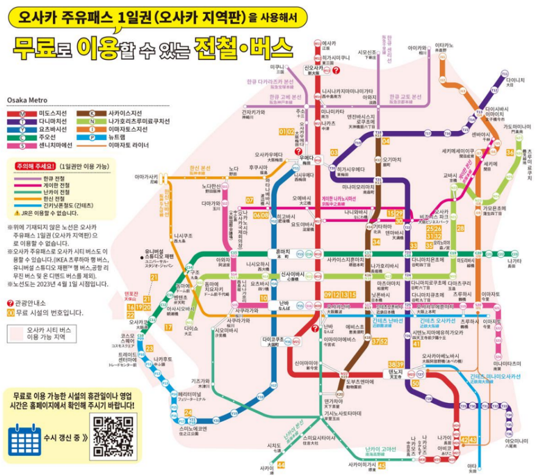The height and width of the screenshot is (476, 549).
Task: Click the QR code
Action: coord(113,436)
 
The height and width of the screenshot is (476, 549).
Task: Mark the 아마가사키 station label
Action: coord(147,176)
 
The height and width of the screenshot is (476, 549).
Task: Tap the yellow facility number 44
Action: coord(280,465)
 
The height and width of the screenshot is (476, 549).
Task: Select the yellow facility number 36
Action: coord(509,152)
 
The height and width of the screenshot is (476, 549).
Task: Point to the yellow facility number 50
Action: coord(415,383)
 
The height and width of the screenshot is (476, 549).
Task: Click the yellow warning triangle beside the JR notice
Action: coord(16,213)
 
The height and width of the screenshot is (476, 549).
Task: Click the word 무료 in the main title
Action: coord(32,46)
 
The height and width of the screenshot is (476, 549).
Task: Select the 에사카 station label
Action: coord(329,44)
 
